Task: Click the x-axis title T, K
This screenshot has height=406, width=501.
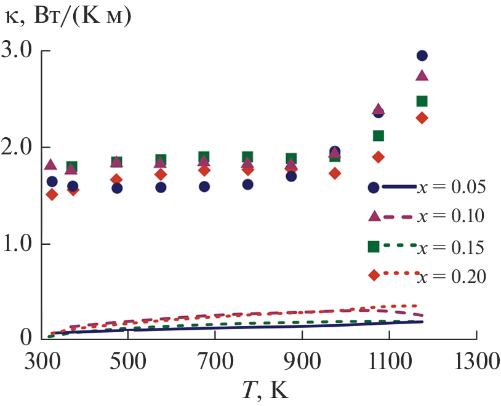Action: (x=262, y=389)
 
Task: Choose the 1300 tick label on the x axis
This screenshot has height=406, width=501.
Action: (x=475, y=360)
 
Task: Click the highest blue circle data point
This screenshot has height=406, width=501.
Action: (x=422, y=55)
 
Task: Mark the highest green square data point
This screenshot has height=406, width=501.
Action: (x=422, y=101)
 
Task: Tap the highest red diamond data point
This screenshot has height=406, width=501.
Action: (x=422, y=118)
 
